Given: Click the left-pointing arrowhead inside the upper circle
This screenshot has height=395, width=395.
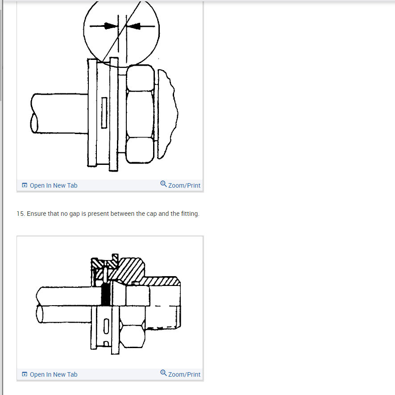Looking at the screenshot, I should point(135,26).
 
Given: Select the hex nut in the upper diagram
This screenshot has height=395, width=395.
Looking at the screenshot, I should point(140,114).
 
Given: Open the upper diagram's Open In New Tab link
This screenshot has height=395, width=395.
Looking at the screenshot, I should point(53,185).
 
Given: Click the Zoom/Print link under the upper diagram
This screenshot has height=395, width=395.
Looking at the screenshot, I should point(184,185).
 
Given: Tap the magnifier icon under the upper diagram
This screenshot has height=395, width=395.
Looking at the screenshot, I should point(163,184).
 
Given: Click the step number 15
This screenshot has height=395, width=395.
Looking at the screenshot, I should point(20,214).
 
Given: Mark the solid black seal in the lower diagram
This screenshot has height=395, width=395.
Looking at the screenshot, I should point(106,294).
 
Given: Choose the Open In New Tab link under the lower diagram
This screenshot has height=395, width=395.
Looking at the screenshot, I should point(53,374).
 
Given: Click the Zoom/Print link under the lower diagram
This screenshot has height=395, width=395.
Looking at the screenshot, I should point(184,374).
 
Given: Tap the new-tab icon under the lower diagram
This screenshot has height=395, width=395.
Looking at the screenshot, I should point(25,374).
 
